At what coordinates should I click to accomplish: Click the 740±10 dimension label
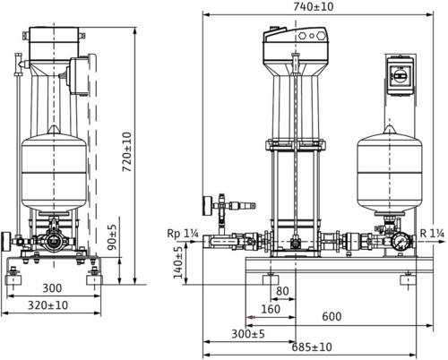tap(313, 6)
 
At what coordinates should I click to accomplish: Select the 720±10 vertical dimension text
tap(127, 152)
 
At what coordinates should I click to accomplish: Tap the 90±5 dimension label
tap(112, 237)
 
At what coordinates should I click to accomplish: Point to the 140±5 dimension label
tap(178, 262)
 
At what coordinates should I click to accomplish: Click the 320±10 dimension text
tap(47, 305)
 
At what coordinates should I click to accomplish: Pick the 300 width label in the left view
tap(52, 288)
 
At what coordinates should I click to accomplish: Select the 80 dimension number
tap(282, 291)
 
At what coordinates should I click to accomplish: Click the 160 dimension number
tap(271, 309)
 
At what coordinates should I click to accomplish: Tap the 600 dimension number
tap(332, 316)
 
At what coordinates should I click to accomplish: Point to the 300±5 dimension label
tap(248, 334)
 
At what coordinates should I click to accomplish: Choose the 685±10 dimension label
tap(312, 347)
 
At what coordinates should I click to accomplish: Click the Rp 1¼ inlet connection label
tap(183, 234)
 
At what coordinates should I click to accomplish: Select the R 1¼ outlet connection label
tap(432, 233)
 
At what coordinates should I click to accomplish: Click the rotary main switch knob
tap(399, 76)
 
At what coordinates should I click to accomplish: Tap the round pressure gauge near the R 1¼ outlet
tap(399, 241)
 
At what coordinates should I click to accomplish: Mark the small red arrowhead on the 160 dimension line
tap(251, 317)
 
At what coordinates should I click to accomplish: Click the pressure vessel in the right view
tap(390, 170)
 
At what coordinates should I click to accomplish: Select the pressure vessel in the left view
tap(54, 169)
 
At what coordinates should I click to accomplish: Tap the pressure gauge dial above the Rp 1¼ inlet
tap(206, 206)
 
